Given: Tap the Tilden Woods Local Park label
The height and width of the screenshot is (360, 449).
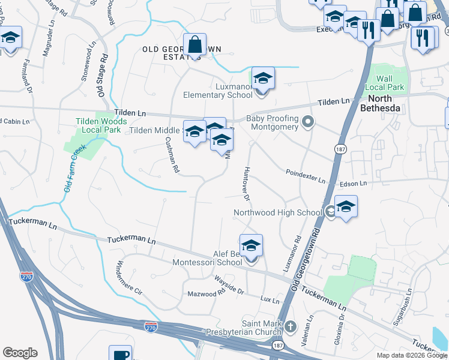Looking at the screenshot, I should pos(101,125).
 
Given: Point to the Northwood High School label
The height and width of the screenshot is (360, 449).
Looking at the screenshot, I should pos(278,212).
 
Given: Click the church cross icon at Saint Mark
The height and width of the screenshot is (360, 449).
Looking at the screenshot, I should pos(290,327).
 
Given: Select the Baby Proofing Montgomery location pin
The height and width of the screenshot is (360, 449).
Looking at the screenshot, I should pos(308,123).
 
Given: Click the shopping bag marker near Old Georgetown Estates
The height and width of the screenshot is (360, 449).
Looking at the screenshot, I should pos(194,45).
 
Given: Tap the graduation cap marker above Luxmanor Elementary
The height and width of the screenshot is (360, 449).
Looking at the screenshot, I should pos(263,79).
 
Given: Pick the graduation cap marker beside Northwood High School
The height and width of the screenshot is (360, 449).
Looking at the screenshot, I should pos(346,208).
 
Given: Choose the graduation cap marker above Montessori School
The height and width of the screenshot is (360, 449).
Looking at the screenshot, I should pos(251,245).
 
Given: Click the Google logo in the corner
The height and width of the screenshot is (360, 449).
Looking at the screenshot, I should pos(20,353).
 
